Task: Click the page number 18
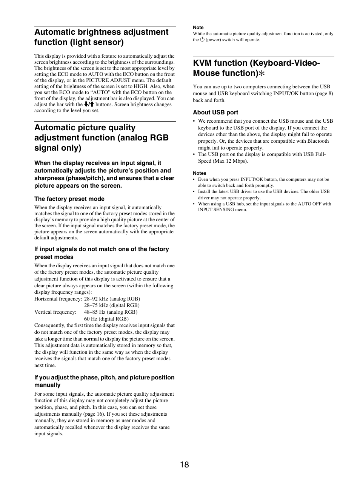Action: [x=184, y=464]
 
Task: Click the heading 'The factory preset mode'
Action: [x=69, y=199]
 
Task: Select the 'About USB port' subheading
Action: [x=215, y=113]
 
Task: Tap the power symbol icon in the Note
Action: [x=202, y=39]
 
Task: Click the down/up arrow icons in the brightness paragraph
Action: [x=89, y=104]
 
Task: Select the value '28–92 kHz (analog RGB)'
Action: [x=112, y=299]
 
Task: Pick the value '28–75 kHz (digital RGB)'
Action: [x=112, y=305]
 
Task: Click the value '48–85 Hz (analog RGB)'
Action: [x=111, y=312]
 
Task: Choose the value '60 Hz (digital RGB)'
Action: [x=106, y=319]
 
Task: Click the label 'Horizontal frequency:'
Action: [x=58, y=299]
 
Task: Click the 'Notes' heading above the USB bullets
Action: [x=200, y=173]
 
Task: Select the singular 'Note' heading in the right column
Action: [x=198, y=28]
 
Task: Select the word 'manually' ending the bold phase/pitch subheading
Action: [x=48, y=385]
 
